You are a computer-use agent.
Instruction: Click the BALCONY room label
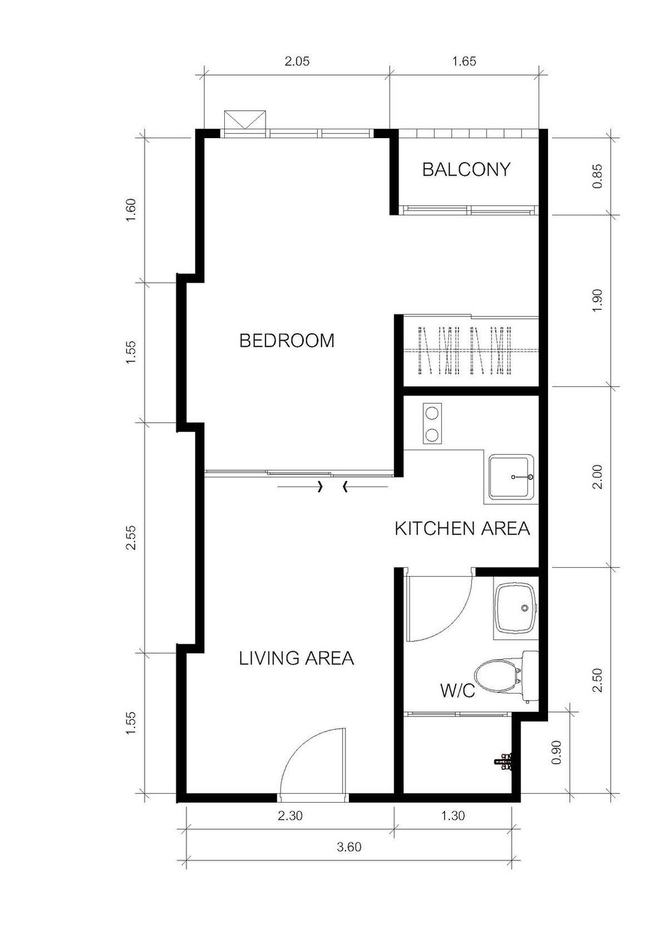[466, 169]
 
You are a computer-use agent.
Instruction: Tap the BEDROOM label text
[287, 340]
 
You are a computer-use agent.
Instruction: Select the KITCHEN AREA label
[462, 529]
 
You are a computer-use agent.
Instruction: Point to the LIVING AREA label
[296, 658]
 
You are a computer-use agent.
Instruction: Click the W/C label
[457, 691]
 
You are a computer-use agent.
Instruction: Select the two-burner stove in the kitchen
[431, 424]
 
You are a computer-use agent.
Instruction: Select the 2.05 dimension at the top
[297, 62]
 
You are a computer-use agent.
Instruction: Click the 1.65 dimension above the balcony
[464, 62]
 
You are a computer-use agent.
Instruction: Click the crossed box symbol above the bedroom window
[245, 120]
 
